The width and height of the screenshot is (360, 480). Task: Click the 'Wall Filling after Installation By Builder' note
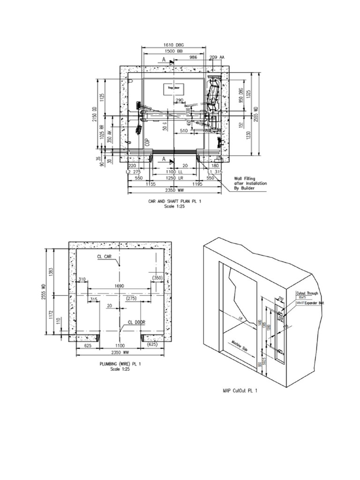click(250, 184)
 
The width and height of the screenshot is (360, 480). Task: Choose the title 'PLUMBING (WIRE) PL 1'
click(120, 364)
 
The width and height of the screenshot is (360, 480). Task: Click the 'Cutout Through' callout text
click(307, 293)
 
